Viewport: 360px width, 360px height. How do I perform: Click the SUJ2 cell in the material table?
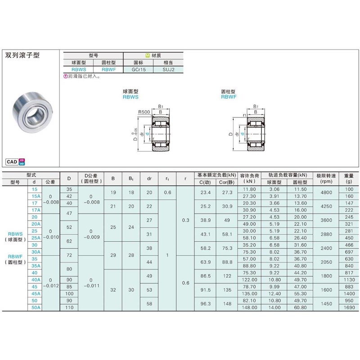tap(168, 69)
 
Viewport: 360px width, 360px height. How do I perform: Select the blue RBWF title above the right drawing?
tap(229, 96)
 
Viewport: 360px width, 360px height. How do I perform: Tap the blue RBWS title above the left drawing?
tap(130, 96)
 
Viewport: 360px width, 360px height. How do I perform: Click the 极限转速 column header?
tap(326, 179)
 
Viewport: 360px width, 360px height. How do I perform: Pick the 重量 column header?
tap(349, 179)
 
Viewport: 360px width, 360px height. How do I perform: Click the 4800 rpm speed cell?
tap(326, 193)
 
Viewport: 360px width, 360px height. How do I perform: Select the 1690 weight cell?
tap(349, 307)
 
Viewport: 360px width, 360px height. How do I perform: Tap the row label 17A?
tap(35, 210)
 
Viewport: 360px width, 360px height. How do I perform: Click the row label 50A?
tap(35, 307)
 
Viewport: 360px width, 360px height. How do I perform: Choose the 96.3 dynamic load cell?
tap(206, 304)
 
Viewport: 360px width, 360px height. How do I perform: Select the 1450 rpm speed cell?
tap(326, 304)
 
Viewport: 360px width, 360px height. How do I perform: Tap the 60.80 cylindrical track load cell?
tap(300, 307)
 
